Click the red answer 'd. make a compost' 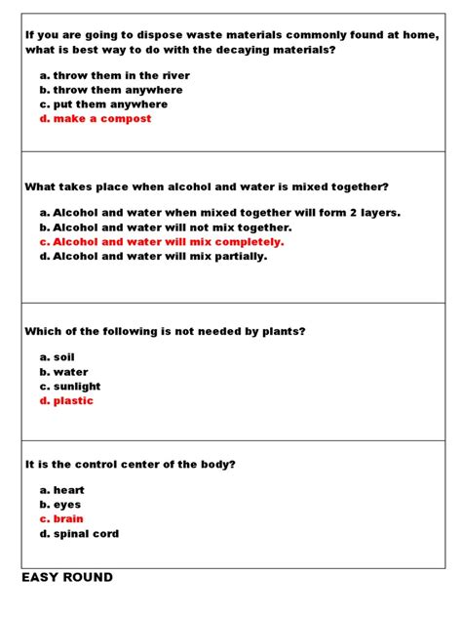click(x=96, y=119)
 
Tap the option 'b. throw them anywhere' click(x=110, y=90)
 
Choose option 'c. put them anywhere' click(x=103, y=104)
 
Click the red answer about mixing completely click(x=162, y=241)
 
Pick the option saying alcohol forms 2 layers click(x=219, y=212)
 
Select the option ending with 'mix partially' click(x=153, y=256)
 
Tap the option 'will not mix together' click(x=166, y=226)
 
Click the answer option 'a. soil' click(x=57, y=357)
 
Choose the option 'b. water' click(x=63, y=372)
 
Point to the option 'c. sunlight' click(x=70, y=387)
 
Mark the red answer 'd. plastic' click(x=66, y=401)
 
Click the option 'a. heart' click(x=61, y=490)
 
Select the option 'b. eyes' click(x=60, y=505)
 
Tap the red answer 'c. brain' click(x=61, y=519)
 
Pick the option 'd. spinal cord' click(x=79, y=534)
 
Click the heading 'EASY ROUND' click(x=67, y=578)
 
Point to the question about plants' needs click(x=165, y=331)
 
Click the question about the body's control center click(x=130, y=464)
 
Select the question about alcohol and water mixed click(x=207, y=186)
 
